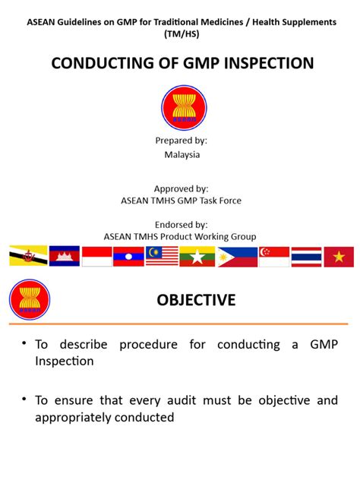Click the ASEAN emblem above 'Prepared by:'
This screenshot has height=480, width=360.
(184, 108)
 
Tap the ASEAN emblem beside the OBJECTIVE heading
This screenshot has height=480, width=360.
(30, 299)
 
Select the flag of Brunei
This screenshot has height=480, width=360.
(28, 256)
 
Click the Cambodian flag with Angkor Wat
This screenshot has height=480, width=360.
(65, 256)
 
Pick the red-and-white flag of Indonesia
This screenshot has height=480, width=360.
(96, 257)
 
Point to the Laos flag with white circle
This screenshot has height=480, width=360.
(128, 257)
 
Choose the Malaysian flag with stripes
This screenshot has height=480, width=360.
(162, 256)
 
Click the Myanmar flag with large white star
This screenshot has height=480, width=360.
(197, 257)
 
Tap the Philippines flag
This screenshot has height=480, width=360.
(238, 257)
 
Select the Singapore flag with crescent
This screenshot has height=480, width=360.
(274, 257)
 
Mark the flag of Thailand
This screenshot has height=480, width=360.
(306, 257)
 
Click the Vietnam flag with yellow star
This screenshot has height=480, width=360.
(339, 257)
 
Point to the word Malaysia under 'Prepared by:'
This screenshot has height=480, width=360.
(182, 155)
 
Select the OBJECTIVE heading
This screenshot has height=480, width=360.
(196, 300)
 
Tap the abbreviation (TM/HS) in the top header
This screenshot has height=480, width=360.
(182, 33)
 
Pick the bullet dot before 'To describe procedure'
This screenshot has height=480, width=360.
(24, 343)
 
